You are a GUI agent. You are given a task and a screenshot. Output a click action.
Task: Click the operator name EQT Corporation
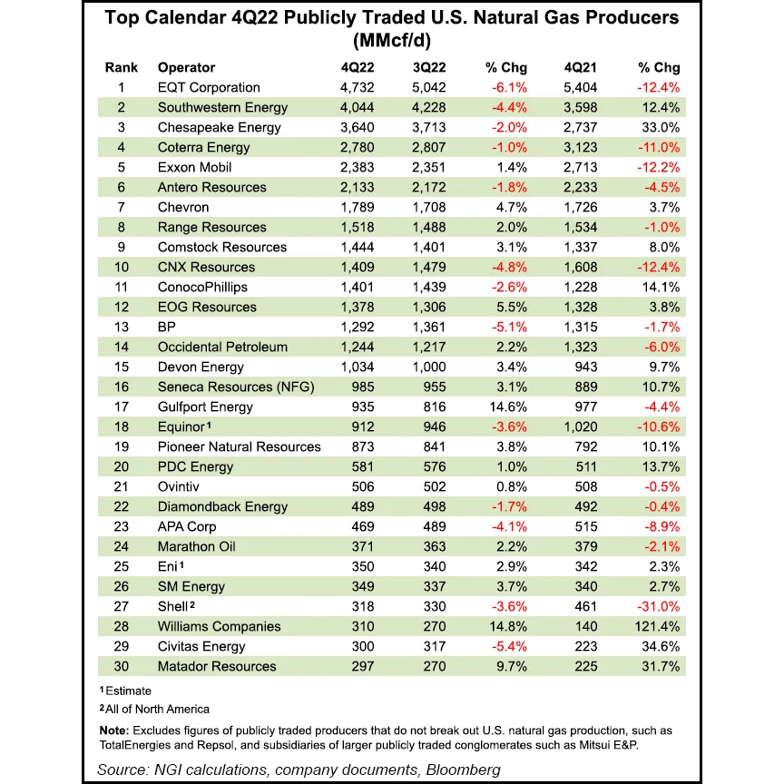click(x=209, y=87)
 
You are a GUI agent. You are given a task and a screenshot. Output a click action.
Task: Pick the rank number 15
click(x=120, y=367)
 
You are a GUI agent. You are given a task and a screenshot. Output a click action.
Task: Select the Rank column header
click(x=121, y=67)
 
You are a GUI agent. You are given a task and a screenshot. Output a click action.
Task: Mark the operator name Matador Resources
click(x=217, y=666)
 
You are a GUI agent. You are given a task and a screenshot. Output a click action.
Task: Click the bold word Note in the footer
click(x=114, y=730)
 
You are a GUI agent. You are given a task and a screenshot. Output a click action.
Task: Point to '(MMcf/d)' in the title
click(x=391, y=39)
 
